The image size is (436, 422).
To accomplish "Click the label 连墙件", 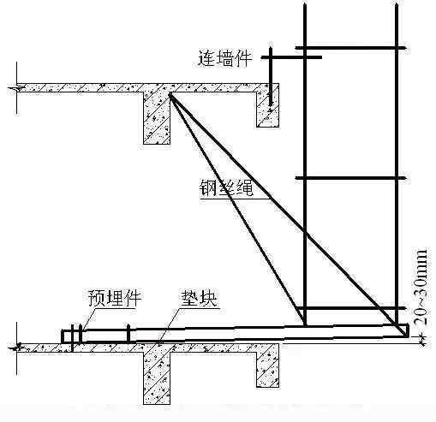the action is pyautogui.click(x=225, y=59).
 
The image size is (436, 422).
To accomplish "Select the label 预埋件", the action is pyautogui.click(x=115, y=298).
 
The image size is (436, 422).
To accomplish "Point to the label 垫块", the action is pyautogui.click(x=199, y=299).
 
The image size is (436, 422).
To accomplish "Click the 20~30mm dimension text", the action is pyautogui.click(x=421, y=287).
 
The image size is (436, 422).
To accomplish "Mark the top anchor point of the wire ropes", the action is pyautogui.click(x=170, y=94).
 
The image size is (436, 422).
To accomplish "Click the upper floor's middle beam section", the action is pyautogui.click(x=157, y=118).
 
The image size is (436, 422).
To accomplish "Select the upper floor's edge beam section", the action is pyautogui.click(x=268, y=105).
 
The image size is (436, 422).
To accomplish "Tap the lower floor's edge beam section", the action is pyautogui.click(x=267, y=366).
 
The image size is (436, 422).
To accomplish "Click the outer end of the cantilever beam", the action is pyautogui.click(x=408, y=330).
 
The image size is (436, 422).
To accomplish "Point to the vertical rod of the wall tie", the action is pyautogui.click(x=270, y=76).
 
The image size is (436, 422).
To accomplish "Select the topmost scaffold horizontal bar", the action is pyautogui.click(x=350, y=48).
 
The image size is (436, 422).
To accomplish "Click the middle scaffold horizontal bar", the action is pyautogui.click(x=350, y=178).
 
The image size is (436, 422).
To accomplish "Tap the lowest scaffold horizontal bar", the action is pyautogui.click(x=350, y=308).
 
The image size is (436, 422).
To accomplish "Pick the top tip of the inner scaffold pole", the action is pyautogui.click(x=305, y=4).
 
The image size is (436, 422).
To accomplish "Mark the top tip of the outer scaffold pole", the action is pyautogui.click(x=397, y=4).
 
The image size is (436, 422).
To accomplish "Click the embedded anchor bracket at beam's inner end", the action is pyautogui.click(x=72, y=336).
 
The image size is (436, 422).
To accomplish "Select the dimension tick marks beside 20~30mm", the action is pyautogui.click(x=422, y=341).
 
